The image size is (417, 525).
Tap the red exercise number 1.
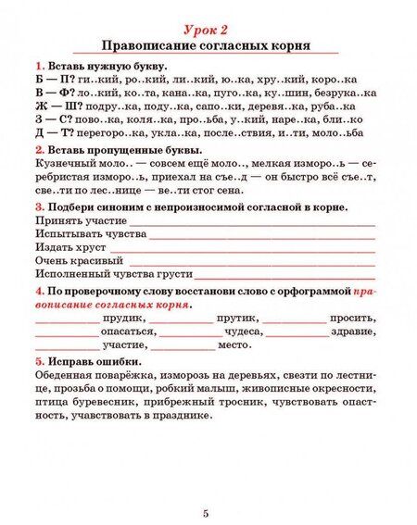coord(38,68)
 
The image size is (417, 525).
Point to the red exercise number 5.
coord(38,361)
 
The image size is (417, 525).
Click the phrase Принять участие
coord(81,221)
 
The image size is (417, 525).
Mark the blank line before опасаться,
coord(66,335)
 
